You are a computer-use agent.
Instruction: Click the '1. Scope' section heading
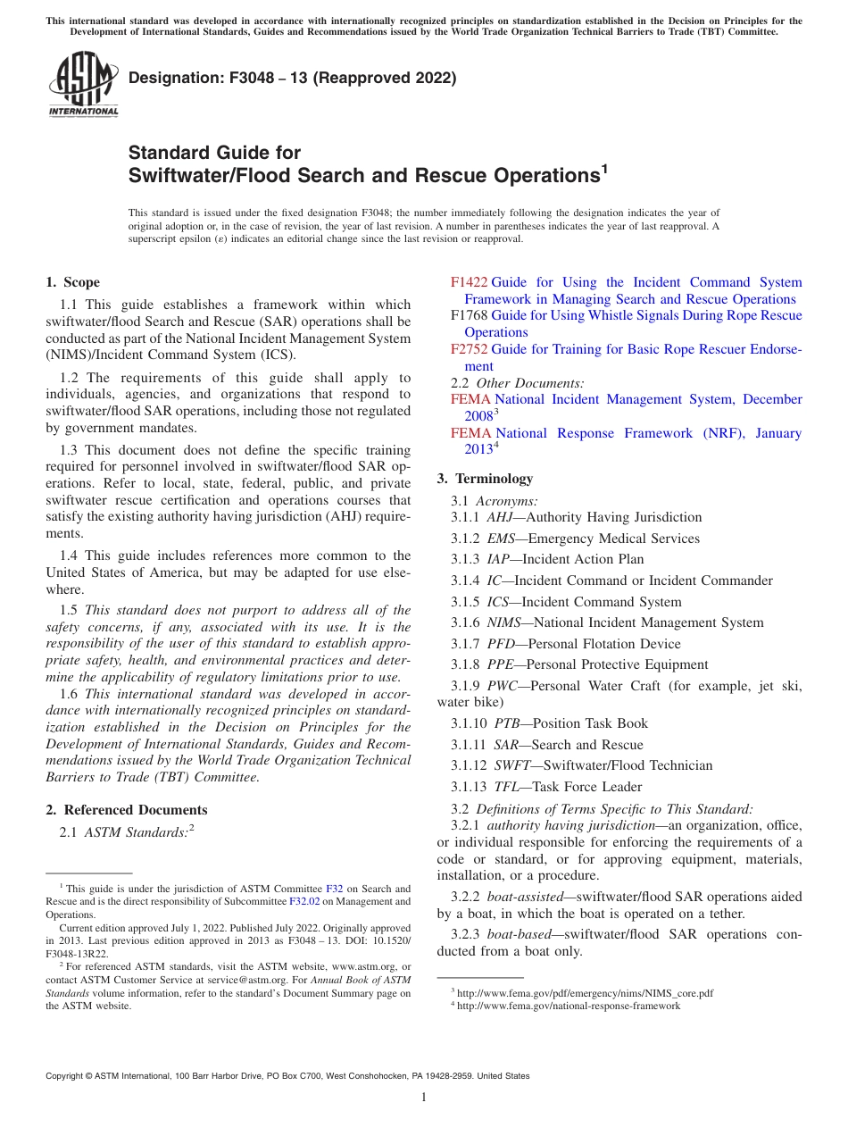(72, 282)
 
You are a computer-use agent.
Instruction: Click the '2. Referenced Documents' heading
(126, 810)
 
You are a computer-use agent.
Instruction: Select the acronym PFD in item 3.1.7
(502, 644)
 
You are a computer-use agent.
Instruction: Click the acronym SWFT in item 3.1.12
(509, 765)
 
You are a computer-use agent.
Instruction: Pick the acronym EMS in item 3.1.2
(503, 539)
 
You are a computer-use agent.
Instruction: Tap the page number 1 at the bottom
(424, 1097)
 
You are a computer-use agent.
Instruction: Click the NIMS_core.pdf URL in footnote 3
(585, 993)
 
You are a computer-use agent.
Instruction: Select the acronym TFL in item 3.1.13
(506, 787)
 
